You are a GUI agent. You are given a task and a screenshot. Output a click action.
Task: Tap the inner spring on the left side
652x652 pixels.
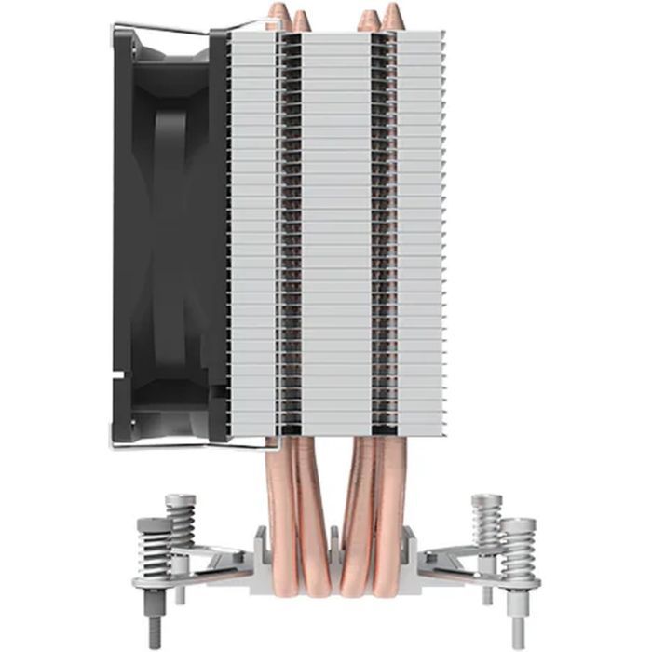click(181, 518)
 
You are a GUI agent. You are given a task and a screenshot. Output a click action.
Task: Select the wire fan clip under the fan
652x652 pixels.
click(186, 446)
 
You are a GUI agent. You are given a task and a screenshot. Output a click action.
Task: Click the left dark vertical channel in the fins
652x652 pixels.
click(291, 233)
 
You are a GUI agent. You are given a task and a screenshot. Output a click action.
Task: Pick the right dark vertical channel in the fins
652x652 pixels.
click(380, 233)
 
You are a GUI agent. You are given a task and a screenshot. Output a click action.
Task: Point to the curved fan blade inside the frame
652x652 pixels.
click(172, 233)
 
